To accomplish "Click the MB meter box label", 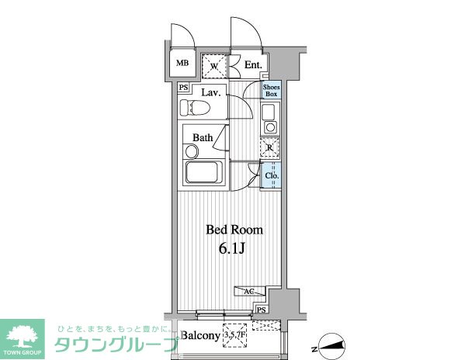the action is tap(182, 63).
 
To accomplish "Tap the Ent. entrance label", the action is tap(253, 65).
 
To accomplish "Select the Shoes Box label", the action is tap(271, 91).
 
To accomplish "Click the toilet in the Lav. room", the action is tap(195, 107).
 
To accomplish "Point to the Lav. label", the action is tap(211, 93).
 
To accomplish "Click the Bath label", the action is tap(203, 137).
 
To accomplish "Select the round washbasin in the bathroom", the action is tap(192, 152).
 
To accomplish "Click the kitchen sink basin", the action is tap(269, 112).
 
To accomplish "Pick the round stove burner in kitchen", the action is tap(270, 127).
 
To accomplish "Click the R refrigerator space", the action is tap(270, 148).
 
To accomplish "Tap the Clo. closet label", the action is tap(272, 176).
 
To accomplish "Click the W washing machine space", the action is tap(214, 66).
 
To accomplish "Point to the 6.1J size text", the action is tap(231, 248).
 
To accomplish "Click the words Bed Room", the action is tap(234, 230).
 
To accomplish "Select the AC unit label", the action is tap(249, 291).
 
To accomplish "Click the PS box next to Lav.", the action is tap(183, 88).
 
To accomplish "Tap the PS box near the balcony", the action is tap(262, 310).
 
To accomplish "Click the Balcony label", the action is tap(200, 335).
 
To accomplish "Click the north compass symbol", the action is tap(331, 346).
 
